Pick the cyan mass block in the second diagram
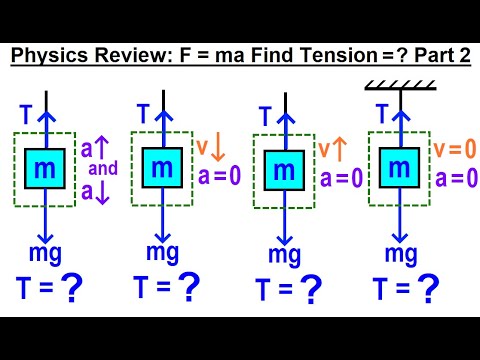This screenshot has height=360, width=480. click(x=162, y=167)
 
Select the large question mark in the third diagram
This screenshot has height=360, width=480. click(x=312, y=290)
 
